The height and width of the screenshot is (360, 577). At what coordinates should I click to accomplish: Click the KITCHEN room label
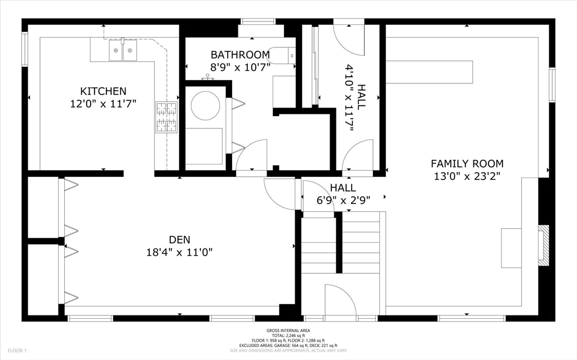(x=104, y=91)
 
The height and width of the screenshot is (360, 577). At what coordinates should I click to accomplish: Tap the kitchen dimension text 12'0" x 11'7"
(x=104, y=104)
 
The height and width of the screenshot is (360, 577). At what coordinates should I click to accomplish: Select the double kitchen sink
(x=122, y=50)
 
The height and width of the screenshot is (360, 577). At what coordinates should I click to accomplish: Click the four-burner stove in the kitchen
(x=167, y=117)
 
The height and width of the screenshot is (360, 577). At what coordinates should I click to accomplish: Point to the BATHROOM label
(x=240, y=55)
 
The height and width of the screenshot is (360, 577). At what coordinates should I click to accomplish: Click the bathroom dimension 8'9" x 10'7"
(x=240, y=68)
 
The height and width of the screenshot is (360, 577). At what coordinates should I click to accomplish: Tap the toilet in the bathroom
(x=282, y=56)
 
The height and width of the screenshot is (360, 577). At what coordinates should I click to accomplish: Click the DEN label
(x=180, y=239)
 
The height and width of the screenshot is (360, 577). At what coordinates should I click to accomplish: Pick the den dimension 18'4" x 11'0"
(x=180, y=252)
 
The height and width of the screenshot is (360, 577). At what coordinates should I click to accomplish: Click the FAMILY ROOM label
(x=467, y=163)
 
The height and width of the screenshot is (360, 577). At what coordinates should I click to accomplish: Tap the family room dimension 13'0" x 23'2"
(x=467, y=176)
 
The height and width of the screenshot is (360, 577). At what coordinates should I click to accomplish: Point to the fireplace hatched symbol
(x=544, y=245)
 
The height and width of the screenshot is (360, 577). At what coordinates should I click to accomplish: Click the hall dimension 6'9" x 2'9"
(x=343, y=200)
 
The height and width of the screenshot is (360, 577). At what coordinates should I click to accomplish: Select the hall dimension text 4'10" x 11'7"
(x=354, y=99)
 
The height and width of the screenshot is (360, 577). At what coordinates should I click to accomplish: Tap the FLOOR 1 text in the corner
(x=17, y=351)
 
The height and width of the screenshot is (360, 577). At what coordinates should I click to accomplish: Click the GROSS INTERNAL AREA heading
(x=288, y=331)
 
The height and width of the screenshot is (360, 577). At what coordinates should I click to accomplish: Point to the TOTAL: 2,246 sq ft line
(x=288, y=336)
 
